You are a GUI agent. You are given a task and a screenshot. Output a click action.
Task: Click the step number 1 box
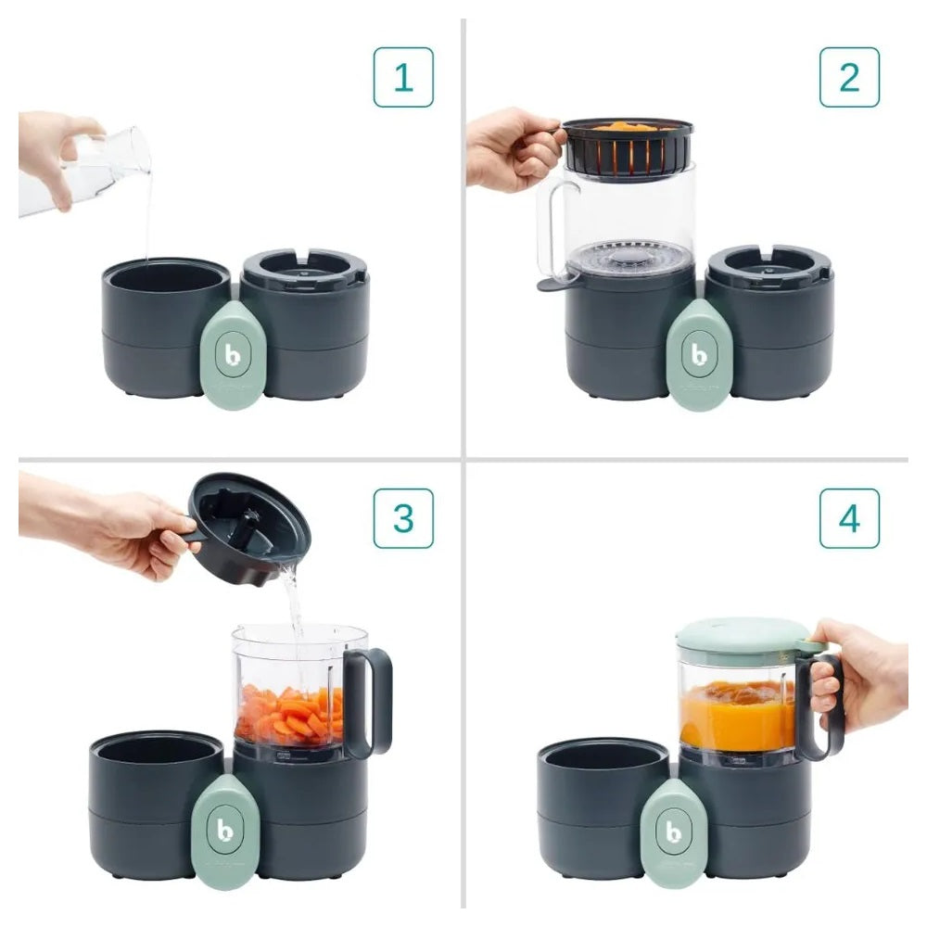pyautogui.click(x=403, y=78)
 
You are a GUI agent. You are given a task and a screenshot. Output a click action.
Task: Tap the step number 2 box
pyautogui.click(x=849, y=78)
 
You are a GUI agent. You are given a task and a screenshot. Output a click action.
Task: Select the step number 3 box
pyautogui.click(x=403, y=518)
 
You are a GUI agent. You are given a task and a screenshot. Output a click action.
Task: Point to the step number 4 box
pyautogui.click(x=849, y=518)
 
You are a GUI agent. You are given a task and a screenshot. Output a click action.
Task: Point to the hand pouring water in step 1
pyautogui.click(x=56, y=148)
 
